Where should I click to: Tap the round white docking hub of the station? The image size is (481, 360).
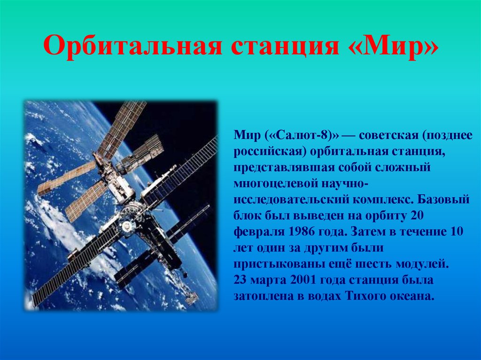pos(127,226)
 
